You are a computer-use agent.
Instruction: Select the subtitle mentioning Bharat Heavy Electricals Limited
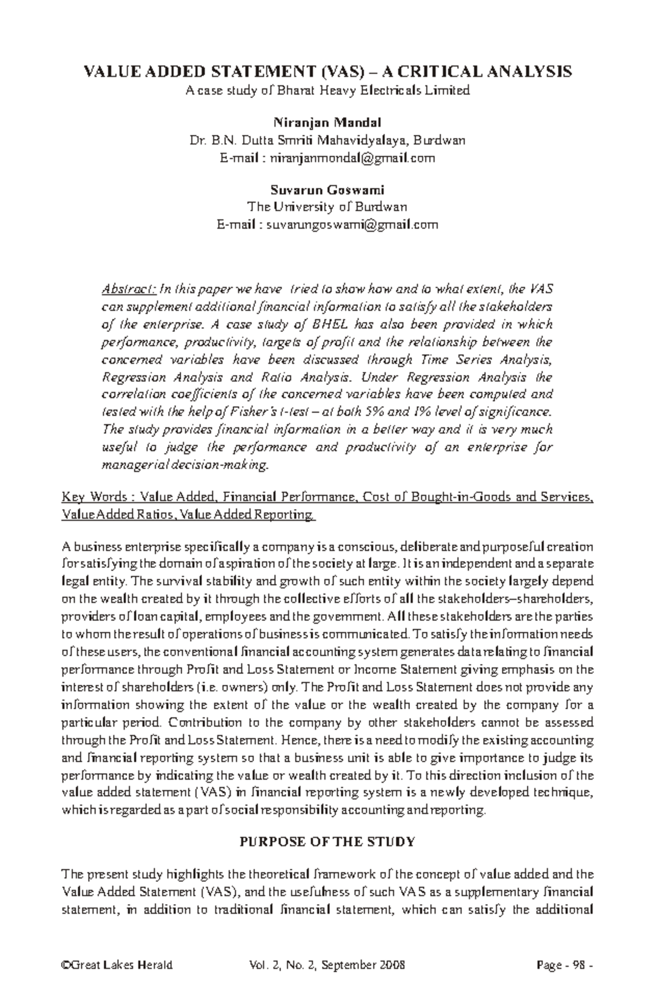tap(327, 91)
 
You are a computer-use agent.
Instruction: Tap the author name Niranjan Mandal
tap(327, 122)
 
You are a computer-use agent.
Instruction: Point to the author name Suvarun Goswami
tap(327, 190)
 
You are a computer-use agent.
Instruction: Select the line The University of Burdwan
tap(327, 207)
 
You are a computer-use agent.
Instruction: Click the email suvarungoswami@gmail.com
tap(352, 225)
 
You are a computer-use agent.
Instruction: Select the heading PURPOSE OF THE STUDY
tap(327, 841)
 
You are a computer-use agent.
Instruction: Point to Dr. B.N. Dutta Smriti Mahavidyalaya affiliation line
tap(327, 140)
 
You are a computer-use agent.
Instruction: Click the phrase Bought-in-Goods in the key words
tap(454, 497)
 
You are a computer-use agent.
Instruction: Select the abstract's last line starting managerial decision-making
tap(186, 465)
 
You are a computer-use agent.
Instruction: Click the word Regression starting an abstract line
tap(134, 378)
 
